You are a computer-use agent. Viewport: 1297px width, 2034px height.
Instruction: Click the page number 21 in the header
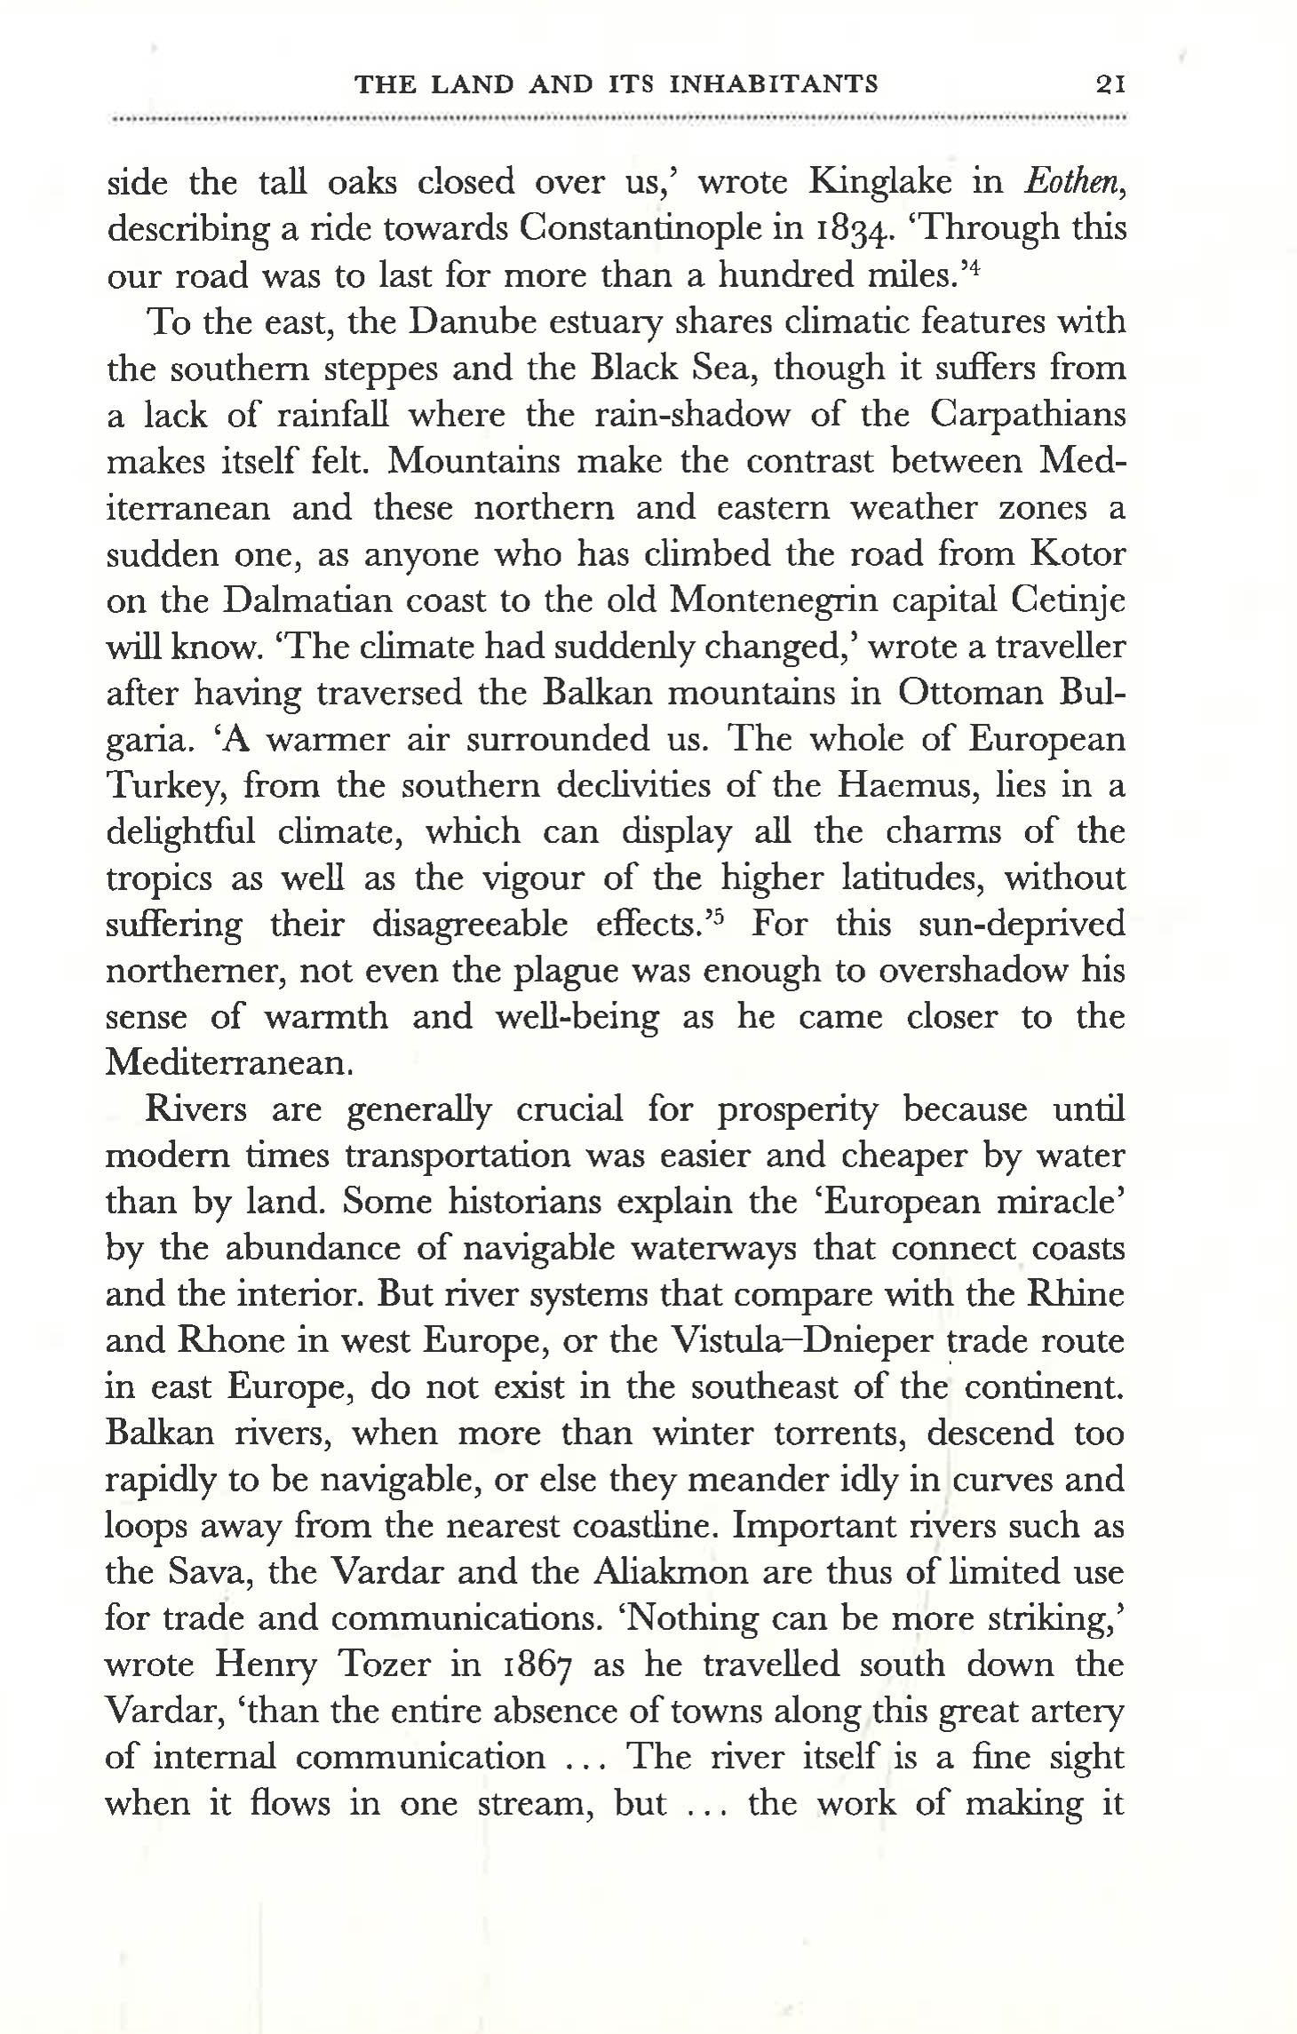tap(1110, 85)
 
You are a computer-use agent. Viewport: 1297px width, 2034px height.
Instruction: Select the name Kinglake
tap(880, 183)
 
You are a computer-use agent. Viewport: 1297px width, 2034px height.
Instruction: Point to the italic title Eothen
tap(1075, 182)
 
